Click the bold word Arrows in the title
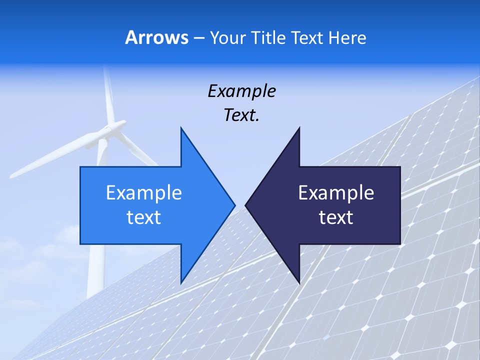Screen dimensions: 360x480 point(156,37)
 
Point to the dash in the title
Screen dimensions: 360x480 point(198,38)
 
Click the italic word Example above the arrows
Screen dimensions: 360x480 point(241,91)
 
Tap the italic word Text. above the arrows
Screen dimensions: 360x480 point(241,115)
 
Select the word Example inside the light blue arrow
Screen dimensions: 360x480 point(144,193)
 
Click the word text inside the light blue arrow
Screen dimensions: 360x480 point(144,217)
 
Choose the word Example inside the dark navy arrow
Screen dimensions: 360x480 point(336,193)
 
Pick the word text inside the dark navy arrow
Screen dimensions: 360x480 point(336,217)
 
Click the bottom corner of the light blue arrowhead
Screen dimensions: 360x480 point(181,282)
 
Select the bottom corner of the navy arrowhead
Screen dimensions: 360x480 point(299,282)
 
